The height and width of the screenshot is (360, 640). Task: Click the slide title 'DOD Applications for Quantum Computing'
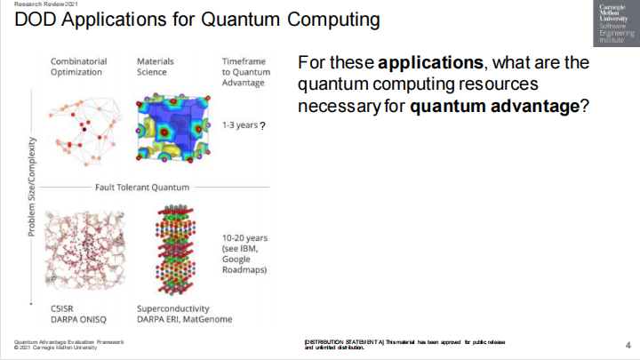click(x=197, y=20)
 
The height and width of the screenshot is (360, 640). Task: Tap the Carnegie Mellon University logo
click(x=616, y=23)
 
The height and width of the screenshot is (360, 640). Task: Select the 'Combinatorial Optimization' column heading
click(x=78, y=67)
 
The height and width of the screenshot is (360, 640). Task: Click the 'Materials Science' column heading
click(x=155, y=67)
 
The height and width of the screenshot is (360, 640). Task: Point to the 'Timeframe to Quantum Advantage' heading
click(x=246, y=72)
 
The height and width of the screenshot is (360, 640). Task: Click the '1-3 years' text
click(x=240, y=125)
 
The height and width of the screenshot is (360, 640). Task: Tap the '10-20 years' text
click(x=245, y=238)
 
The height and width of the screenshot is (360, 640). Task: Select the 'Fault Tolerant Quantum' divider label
click(x=142, y=188)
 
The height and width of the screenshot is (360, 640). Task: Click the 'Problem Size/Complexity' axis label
click(x=32, y=187)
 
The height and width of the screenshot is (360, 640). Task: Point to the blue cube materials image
click(x=173, y=128)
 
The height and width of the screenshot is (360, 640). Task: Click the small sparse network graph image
click(x=85, y=132)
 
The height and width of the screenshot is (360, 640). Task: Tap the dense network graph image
click(x=84, y=250)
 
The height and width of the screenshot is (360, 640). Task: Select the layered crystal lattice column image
click(x=175, y=250)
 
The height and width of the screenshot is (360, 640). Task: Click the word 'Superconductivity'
click(x=173, y=308)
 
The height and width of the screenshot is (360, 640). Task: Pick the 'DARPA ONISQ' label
click(x=78, y=320)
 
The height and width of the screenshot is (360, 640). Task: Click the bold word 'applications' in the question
click(x=430, y=63)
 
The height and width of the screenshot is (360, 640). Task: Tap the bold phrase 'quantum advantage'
click(x=495, y=106)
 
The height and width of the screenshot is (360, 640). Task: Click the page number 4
click(x=628, y=345)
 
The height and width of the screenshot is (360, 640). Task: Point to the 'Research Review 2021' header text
click(x=45, y=4)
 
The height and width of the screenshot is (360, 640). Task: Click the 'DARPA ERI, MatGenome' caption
click(x=185, y=319)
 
